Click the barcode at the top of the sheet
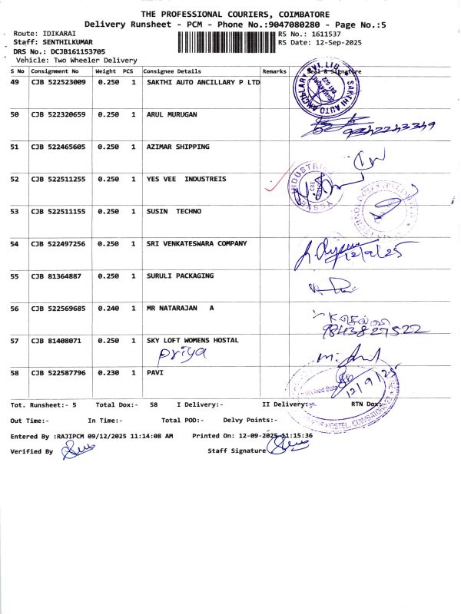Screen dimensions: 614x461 pyautogui.click(x=226, y=40)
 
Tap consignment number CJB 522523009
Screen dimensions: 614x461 pyautogui.click(x=58, y=81)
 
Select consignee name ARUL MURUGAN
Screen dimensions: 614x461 pyautogui.click(x=171, y=114)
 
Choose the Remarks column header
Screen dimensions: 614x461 pyautogui.click(x=274, y=71)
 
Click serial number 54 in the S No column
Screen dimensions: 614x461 pyautogui.click(x=15, y=243)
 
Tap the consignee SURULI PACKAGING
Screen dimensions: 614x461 pyautogui.click(x=180, y=276)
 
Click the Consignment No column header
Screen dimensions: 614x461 pyautogui.click(x=55, y=71)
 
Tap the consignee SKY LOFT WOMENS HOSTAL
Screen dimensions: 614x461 pyautogui.click(x=192, y=340)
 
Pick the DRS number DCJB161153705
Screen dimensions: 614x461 pyautogui.click(x=77, y=51)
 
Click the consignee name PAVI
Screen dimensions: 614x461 pyautogui.click(x=155, y=372)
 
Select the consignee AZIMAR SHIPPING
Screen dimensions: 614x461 pyautogui.click(x=177, y=146)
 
